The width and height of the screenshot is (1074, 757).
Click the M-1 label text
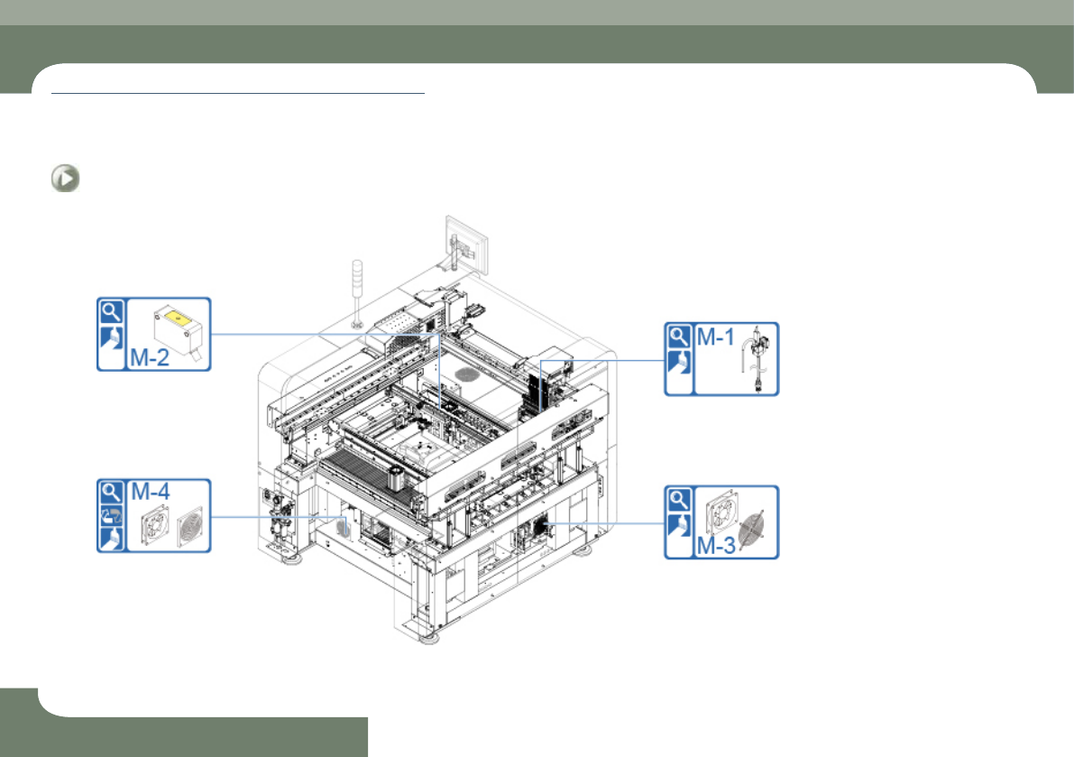click(716, 337)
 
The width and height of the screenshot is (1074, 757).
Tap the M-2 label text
click(150, 357)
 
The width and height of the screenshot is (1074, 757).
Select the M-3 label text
click(716, 545)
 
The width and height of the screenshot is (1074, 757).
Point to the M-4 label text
click(150, 491)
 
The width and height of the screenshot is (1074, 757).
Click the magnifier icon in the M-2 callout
click(111, 311)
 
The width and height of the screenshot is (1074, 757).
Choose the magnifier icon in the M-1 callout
click(679, 337)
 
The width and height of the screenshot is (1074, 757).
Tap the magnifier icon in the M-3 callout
click(679, 500)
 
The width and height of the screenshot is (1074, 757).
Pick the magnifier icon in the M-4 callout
click(111, 492)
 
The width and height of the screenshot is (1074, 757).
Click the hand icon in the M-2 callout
click(111, 337)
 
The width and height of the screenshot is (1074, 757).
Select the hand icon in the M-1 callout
click(679, 363)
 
